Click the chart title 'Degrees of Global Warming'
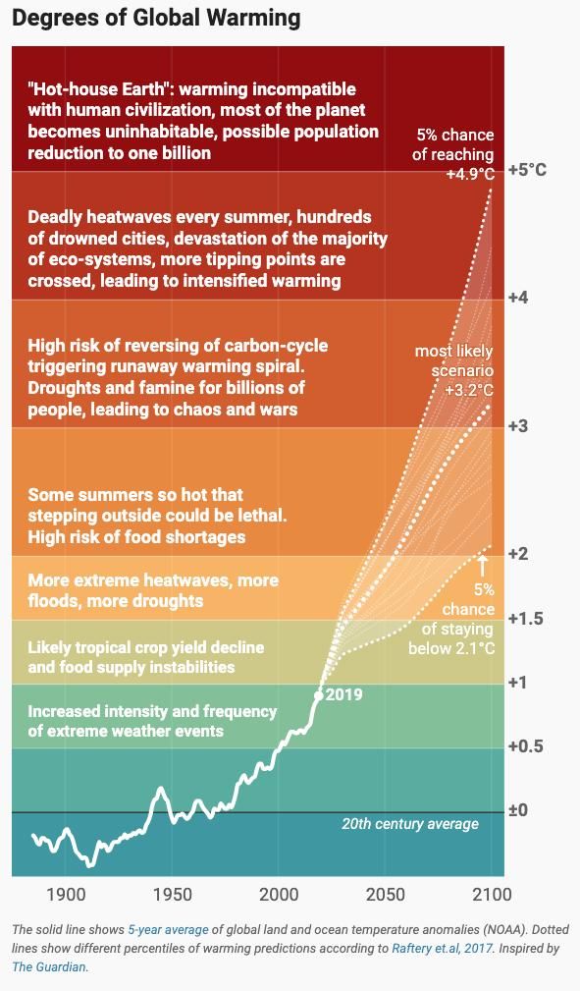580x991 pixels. click(x=156, y=18)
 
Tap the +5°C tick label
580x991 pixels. click(x=528, y=170)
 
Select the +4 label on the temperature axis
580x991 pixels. click(x=519, y=297)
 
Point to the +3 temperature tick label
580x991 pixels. click(x=519, y=425)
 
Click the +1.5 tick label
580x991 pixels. click(x=526, y=618)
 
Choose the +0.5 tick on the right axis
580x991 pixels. click(x=526, y=746)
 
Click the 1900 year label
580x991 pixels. click(x=66, y=895)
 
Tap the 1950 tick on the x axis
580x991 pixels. click(x=172, y=895)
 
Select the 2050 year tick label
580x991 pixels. click(x=386, y=895)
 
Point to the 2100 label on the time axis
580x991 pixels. click(x=493, y=895)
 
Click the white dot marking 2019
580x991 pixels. click(x=318, y=695)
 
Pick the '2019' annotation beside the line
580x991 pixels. click(x=344, y=694)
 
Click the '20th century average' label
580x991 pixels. click(x=410, y=824)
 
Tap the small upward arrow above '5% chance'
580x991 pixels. click(x=483, y=564)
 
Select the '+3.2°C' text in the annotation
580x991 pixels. click(x=469, y=390)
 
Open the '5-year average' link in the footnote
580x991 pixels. click(x=168, y=930)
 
